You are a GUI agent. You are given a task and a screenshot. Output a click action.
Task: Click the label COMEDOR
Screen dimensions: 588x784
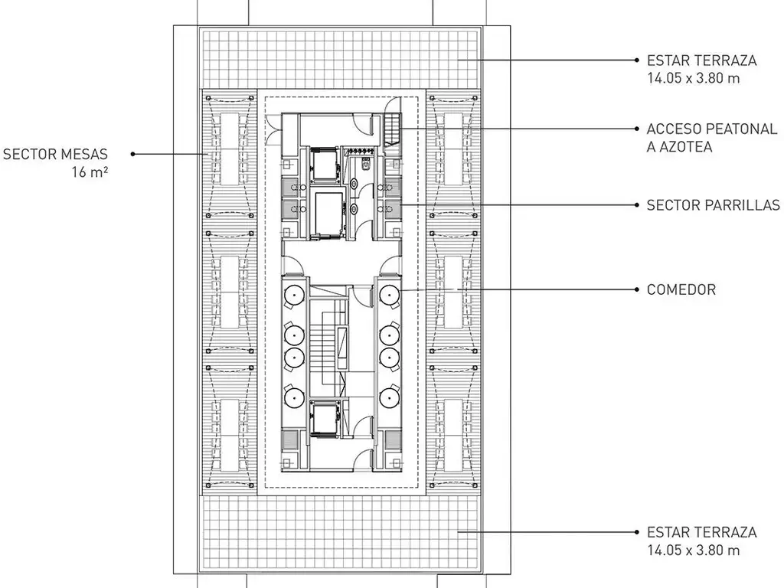681,289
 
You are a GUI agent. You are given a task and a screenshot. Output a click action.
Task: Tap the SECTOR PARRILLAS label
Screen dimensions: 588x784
713,205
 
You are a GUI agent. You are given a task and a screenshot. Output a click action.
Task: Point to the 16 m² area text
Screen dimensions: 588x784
90,172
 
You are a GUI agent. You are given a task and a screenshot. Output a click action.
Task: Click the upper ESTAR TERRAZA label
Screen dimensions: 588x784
701,60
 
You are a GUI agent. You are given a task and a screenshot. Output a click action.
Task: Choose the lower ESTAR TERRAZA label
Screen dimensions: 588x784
701,532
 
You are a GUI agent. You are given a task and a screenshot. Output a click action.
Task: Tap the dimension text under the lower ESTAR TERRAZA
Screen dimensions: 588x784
693,550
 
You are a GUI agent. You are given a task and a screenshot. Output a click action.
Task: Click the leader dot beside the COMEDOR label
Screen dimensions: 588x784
637,289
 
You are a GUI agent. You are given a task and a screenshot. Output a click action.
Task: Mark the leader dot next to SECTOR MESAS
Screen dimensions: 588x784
133,154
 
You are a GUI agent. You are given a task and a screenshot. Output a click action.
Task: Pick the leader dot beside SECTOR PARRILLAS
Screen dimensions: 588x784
637,205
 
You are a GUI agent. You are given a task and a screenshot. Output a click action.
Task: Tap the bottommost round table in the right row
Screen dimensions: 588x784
390,396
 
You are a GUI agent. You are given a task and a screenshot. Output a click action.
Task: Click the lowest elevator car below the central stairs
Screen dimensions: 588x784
325,418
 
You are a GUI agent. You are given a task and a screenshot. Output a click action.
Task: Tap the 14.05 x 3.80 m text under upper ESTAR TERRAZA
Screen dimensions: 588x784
693,78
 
